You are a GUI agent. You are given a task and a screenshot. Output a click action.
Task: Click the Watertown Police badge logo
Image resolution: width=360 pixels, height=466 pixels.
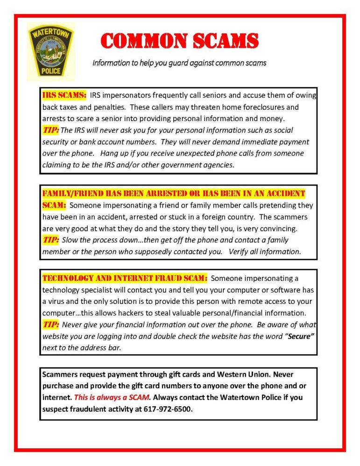point(50,51)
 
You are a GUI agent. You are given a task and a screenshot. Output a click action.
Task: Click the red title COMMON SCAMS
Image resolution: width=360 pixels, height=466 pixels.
point(179,41)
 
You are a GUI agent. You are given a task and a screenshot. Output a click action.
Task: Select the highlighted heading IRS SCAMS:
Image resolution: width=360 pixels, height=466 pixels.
point(64,95)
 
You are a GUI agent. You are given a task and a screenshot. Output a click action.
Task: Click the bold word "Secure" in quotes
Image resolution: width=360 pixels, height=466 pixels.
point(299,336)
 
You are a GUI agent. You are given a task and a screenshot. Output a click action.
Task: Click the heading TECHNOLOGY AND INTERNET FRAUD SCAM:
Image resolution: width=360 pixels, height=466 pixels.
point(125,279)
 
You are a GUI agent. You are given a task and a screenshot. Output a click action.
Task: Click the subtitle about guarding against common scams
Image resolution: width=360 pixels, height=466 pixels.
point(179,62)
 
